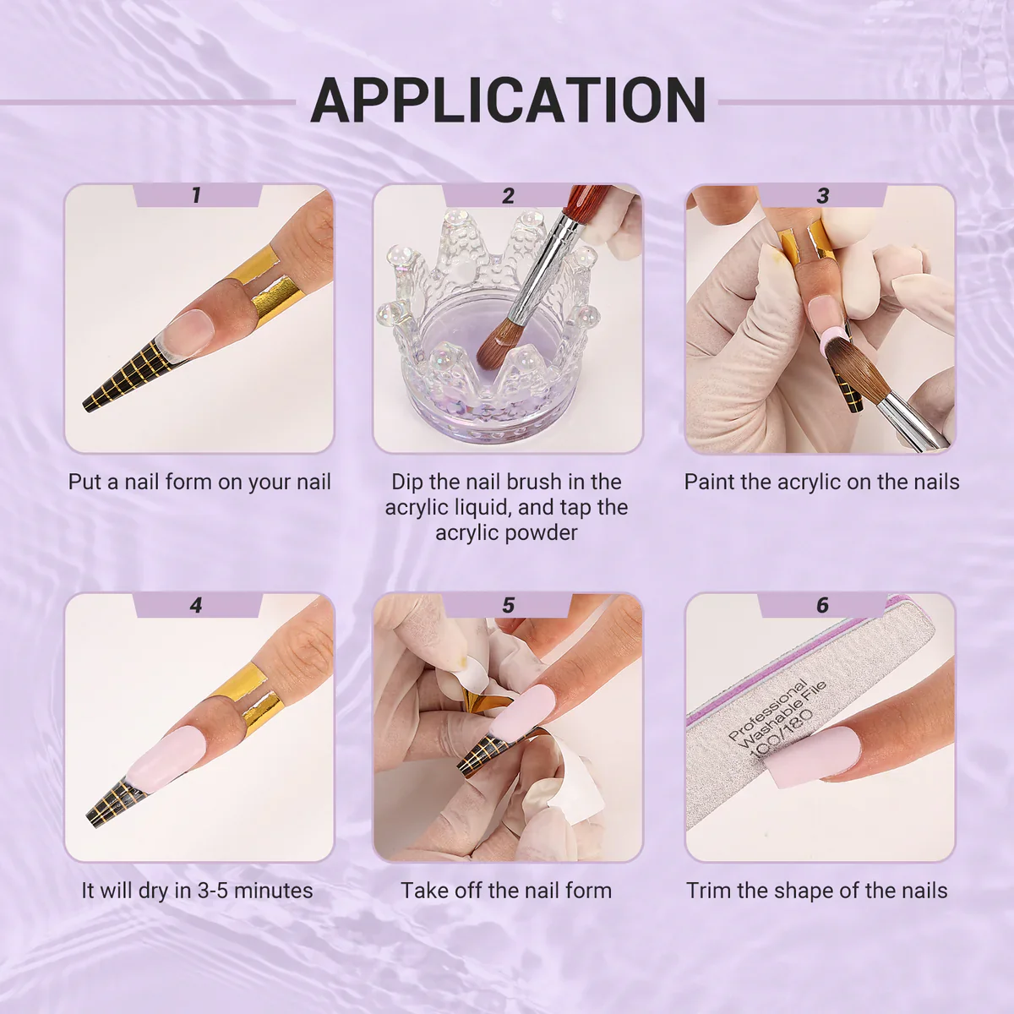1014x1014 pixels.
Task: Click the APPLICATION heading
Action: (x=508, y=100)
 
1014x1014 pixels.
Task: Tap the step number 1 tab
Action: (x=198, y=195)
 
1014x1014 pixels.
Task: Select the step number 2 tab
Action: (x=507, y=195)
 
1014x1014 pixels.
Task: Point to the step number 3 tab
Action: (x=822, y=195)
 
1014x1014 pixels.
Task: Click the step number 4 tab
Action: (x=198, y=605)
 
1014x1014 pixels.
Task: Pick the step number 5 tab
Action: (x=507, y=605)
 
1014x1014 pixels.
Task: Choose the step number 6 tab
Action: (x=822, y=605)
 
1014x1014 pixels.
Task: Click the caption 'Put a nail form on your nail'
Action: (x=199, y=482)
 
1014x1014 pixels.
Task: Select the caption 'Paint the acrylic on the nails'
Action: (x=821, y=482)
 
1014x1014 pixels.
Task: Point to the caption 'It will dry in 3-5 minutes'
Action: (x=198, y=891)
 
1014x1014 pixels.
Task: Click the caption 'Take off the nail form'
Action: (x=506, y=891)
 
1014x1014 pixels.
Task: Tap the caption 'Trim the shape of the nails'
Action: (x=816, y=891)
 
